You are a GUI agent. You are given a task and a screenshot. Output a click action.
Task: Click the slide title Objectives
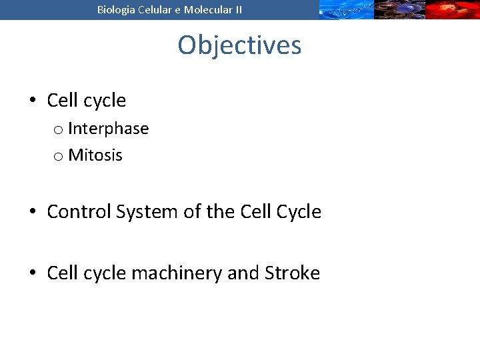pyautogui.click(x=239, y=45)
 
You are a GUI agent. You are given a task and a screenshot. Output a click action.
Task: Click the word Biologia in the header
pyautogui.click(x=115, y=9)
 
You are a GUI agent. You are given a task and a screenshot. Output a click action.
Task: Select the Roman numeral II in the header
pyautogui.click(x=237, y=9)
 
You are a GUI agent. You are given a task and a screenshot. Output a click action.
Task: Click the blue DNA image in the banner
pyautogui.click(x=345, y=9)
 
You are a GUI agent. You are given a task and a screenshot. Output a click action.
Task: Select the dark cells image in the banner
pyautogui.click(x=399, y=9)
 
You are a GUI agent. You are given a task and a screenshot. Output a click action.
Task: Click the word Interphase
pyautogui.click(x=108, y=128)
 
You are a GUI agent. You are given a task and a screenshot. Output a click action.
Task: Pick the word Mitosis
pyautogui.click(x=95, y=155)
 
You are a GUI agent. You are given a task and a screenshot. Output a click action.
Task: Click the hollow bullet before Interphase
pyautogui.click(x=58, y=129)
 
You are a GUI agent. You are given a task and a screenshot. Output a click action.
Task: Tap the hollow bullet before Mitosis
pyautogui.click(x=58, y=157)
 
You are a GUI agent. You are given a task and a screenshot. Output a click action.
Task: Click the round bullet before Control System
pyautogui.click(x=32, y=212)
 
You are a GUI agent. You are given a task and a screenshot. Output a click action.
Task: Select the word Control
pyautogui.click(x=79, y=212)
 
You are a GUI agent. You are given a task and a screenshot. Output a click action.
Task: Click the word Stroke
pyautogui.click(x=292, y=273)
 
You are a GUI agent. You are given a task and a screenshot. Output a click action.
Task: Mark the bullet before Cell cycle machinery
pyautogui.click(x=32, y=273)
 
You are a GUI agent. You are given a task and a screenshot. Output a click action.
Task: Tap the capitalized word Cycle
pyautogui.click(x=299, y=212)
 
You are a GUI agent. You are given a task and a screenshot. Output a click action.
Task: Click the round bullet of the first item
pyautogui.click(x=32, y=101)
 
